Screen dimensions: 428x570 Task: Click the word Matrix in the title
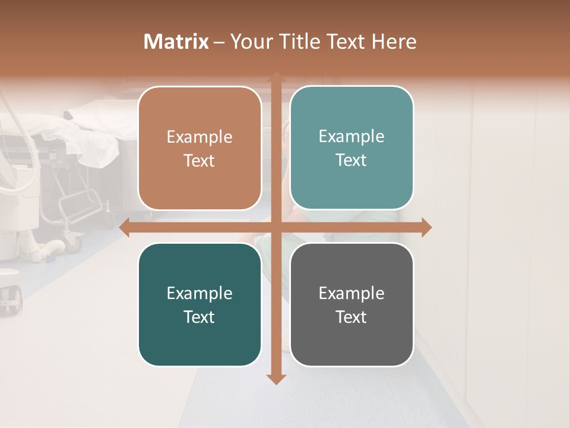[x=176, y=42]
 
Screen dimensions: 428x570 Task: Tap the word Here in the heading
[x=394, y=42]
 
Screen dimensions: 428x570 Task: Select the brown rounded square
[x=199, y=149]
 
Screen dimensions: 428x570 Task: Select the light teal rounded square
[x=351, y=148]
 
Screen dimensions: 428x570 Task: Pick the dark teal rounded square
[x=199, y=304]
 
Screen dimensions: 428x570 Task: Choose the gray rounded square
[x=351, y=304]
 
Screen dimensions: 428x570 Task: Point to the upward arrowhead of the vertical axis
[x=275, y=77]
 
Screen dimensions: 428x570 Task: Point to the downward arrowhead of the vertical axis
[x=275, y=379]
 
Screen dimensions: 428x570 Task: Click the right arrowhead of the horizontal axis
[x=426, y=228]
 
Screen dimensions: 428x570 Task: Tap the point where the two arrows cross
[x=275, y=228]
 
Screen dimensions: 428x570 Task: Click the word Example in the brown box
[x=199, y=137]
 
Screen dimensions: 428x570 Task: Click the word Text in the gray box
[x=351, y=317]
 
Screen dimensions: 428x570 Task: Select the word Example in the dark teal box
[x=199, y=293]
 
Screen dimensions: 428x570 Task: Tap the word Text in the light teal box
[x=351, y=160]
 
